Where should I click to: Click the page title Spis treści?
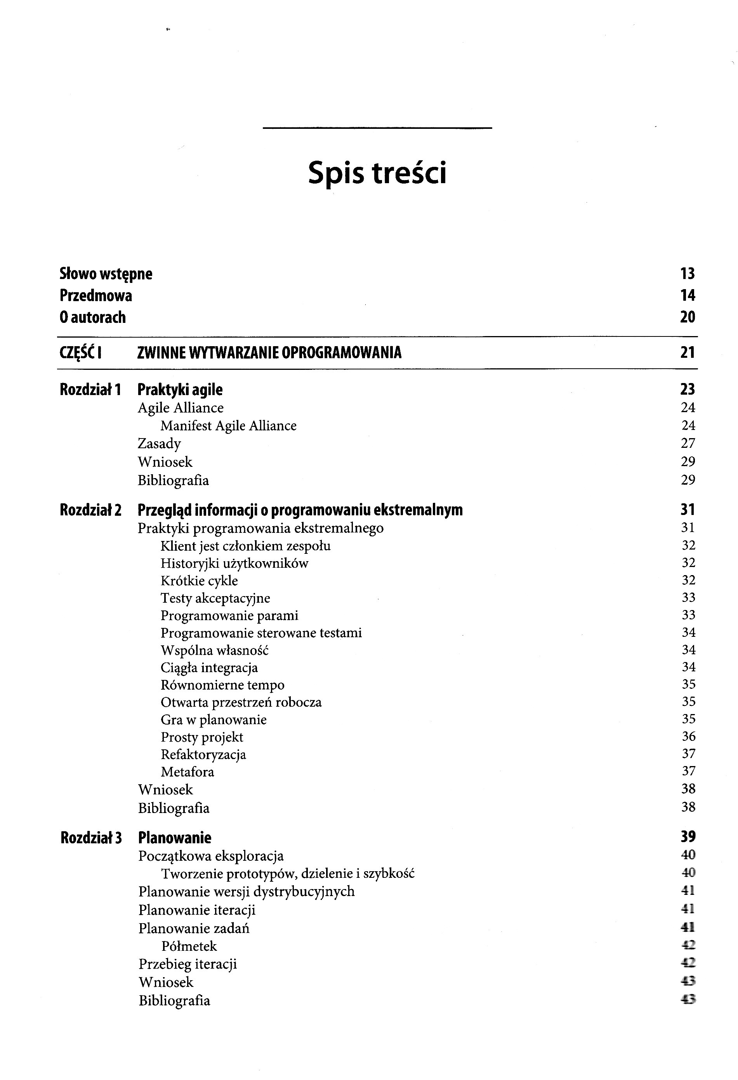pyautogui.click(x=377, y=173)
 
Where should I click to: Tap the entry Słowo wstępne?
pyautogui.click(x=106, y=274)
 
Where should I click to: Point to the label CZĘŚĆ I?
pyautogui.click(x=81, y=353)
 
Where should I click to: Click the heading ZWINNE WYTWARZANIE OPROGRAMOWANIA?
pyautogui.click(x=269, y=353)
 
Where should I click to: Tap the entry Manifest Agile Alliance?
pyautogui.click(x=228, y=426)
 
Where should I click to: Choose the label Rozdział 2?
pyautogui.click(x=91, y=510)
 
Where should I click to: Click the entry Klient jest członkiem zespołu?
pyautogui.click(x=245, y=546)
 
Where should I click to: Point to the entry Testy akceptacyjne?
pyautogui.click(x=215, y=598)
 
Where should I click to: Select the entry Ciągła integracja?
pyautogui.click(x=209, y=668)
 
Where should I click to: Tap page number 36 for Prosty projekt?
pyautogui.click(x=688, y=737)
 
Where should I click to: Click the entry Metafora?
pyautogui.click(x=188, y=772)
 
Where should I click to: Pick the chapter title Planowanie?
pyautogui.click(x=175, y=838)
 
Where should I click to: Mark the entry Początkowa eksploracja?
pyautogui.click(x=211, y=856)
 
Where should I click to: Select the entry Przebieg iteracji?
pyautogui.click(x=188, y=964)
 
